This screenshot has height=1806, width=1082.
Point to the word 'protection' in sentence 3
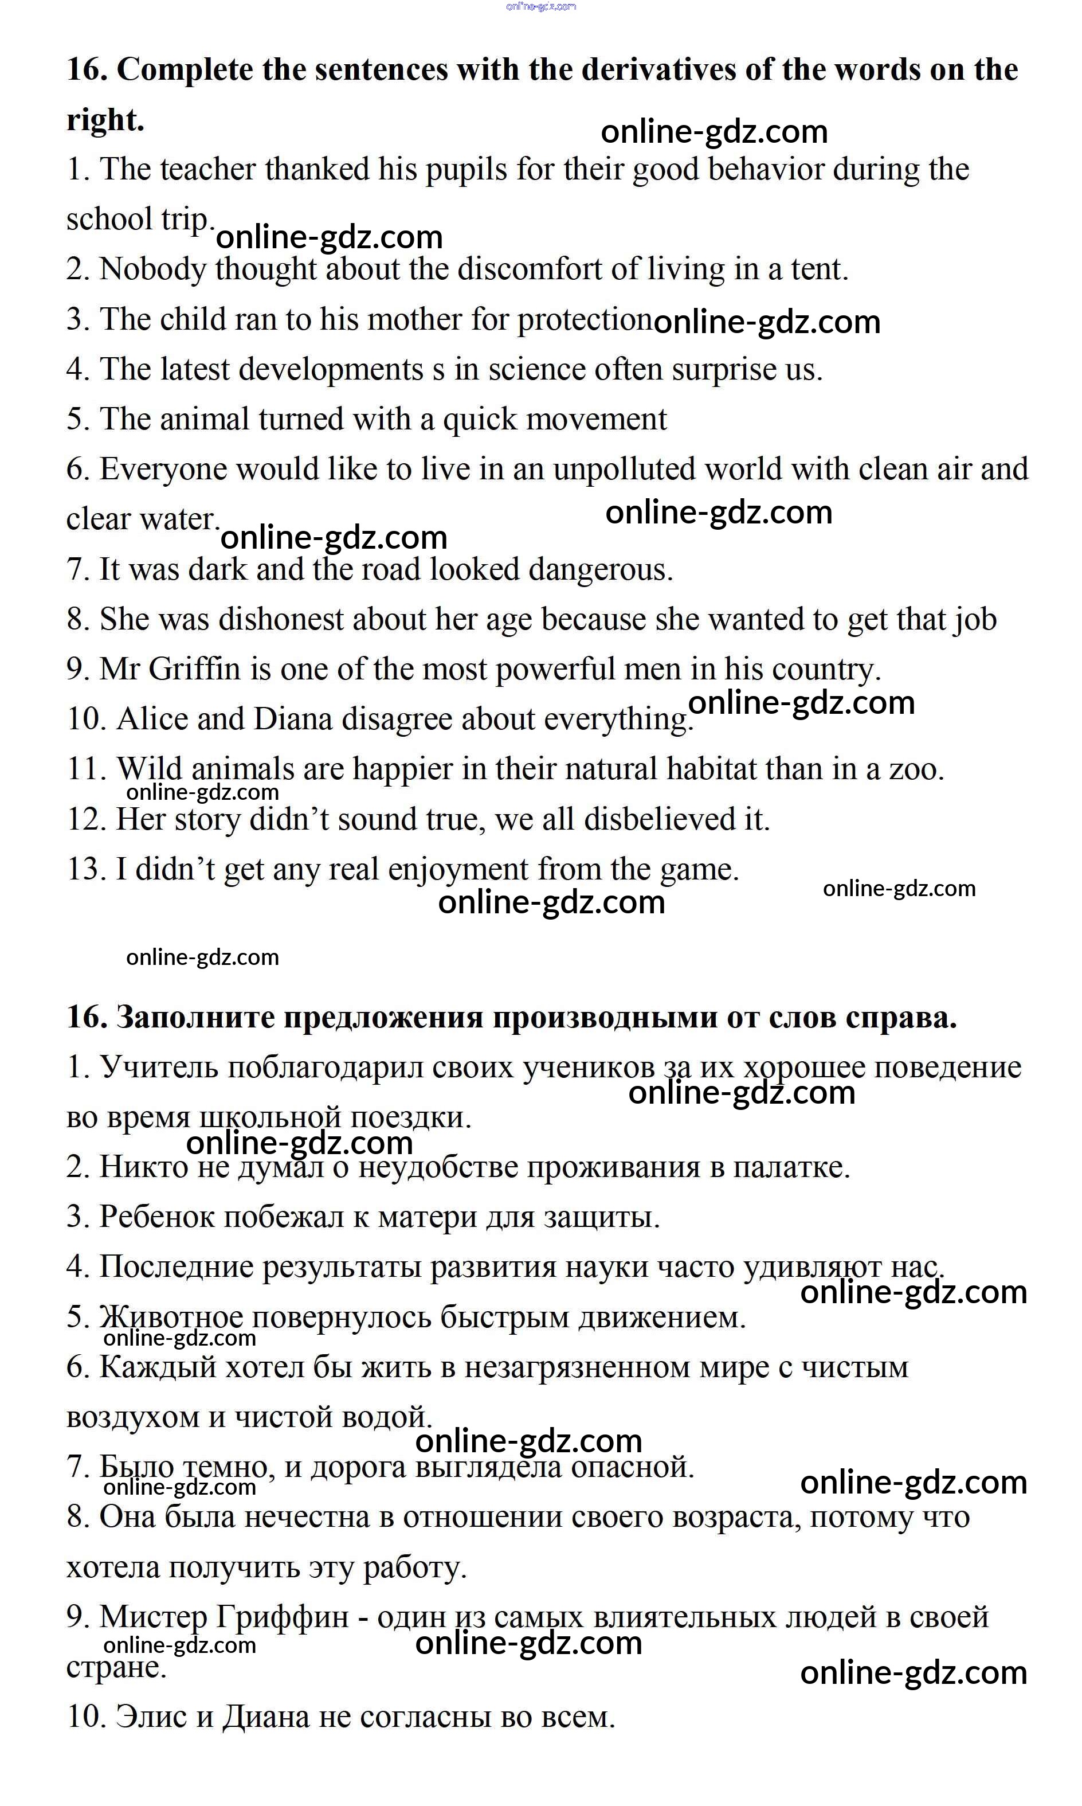tap(584, 320)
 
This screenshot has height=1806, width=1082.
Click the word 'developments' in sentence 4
tap(331, 370)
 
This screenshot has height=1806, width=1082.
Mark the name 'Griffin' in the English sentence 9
tap(195, 670)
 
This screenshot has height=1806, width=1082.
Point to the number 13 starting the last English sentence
tap(86, 870)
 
